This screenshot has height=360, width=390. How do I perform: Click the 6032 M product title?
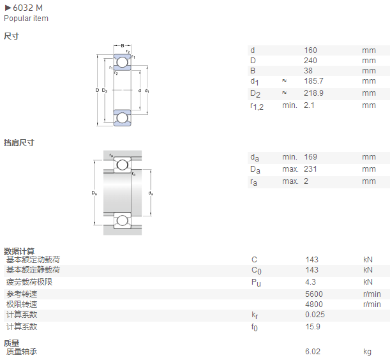(27, 8)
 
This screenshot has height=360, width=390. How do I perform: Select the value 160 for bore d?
(310, 50)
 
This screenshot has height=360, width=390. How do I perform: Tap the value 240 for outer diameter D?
(310, 61)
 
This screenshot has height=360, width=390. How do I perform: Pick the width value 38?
(308, 71)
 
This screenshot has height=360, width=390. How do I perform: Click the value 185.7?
(313, 81)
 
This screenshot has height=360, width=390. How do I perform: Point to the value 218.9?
(313, 93)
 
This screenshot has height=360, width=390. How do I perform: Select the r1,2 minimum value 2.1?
(309, 105)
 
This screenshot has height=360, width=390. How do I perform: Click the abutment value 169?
(310, 157)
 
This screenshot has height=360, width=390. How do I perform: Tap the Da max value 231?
(310, 169)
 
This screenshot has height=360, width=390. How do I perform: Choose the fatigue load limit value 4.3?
(310, 282)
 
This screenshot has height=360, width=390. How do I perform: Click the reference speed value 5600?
(314, 294)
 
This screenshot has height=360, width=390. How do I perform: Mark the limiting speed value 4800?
(314, 304)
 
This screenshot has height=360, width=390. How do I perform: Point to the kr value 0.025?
(315, 315)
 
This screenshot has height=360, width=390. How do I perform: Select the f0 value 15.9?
(313, 327)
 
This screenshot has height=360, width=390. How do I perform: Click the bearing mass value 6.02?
(313, 352)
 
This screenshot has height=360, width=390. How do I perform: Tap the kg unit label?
(367, 352)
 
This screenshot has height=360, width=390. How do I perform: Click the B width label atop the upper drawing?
(123, 46)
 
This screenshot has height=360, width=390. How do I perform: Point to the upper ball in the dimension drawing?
(122, 62)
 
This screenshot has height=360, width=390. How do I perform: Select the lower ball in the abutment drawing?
(122, 220)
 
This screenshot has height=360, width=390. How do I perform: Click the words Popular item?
(26, 19)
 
